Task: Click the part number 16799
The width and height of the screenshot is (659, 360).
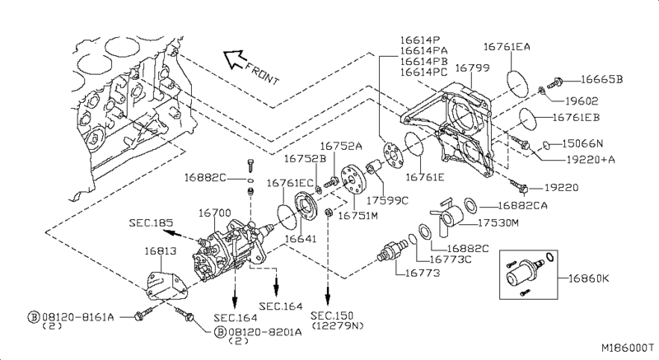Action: point(472,68)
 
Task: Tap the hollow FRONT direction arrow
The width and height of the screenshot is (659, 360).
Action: point(233,58)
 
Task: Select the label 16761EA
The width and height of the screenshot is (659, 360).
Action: point(507,47)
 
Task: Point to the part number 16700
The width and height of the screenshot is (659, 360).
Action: point(214,213)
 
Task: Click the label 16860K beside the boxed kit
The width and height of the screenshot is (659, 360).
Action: point(588,278)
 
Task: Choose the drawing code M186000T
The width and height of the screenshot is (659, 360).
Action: point(628,348)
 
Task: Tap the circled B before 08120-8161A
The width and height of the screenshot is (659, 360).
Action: point(34,316)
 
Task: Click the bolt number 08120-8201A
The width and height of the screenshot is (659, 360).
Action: point(265,332)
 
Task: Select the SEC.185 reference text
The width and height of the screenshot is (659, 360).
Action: point(151,222)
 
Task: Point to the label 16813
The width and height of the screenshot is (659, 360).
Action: point(161,251)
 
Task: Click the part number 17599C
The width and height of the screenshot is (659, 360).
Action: point(387,200)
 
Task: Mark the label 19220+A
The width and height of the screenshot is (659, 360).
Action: point(591,160)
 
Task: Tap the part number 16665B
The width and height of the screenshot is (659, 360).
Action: point(602,79)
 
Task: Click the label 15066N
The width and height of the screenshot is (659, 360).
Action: point(582,143)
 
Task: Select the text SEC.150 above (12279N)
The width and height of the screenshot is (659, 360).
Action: point(332,316)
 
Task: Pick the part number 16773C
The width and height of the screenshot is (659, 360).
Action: point(450,259)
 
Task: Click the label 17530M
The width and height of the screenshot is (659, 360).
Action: point(498,222)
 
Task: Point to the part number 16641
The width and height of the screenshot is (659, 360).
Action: point(301,239)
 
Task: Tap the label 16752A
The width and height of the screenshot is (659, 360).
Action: point(341,146)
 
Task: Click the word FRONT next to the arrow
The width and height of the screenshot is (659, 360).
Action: point(262,74)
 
